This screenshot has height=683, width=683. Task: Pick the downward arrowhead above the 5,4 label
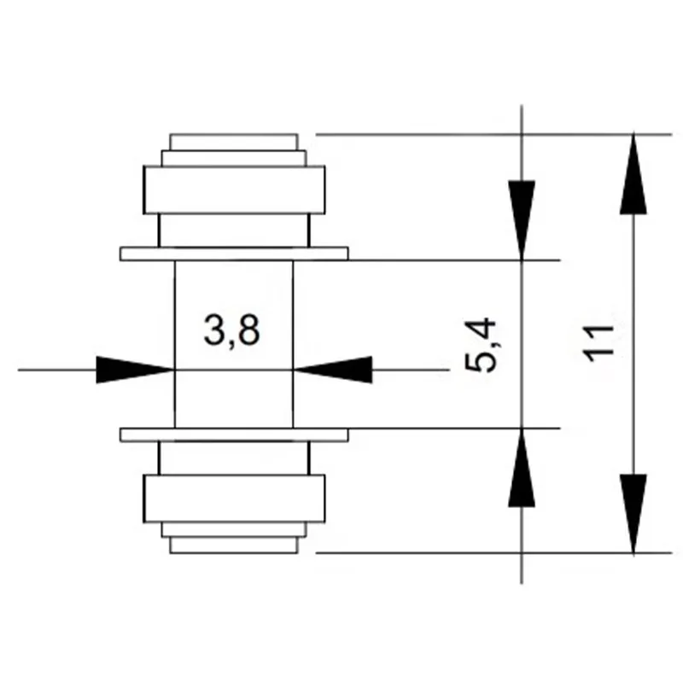pos(521,218)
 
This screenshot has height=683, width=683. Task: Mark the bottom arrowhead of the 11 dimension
pos(633,512)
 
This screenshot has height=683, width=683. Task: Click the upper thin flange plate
pos(234,254)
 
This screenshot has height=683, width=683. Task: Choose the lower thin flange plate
pos(234,435)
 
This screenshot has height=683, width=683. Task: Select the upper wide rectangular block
pos(234,190)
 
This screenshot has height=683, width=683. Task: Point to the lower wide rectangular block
pos(234,499)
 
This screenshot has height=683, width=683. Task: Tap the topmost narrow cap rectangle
pos(234,142)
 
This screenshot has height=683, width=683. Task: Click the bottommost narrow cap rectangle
pos(234,545)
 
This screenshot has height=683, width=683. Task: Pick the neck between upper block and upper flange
pos(234,231)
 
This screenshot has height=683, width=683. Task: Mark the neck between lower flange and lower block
pos(234,458)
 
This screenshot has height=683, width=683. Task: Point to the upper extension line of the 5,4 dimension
pos(452,260)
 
